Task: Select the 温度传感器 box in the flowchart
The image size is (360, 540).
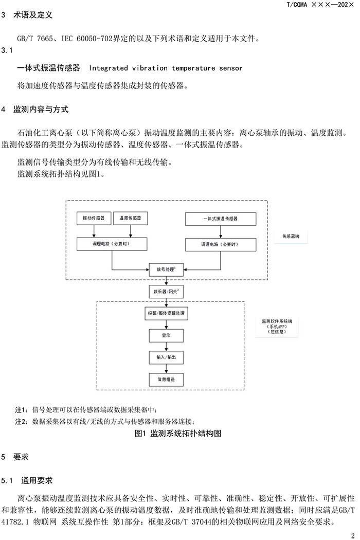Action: pyautogui.click(x=130, y=219)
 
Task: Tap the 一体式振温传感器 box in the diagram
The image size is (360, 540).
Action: pyautogui.click(x=220, y=219)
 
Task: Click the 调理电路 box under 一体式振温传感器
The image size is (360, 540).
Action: pyautogui.click(x=220, y=244)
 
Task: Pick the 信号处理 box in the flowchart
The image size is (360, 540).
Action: pyautogui.click(x=165, y=269)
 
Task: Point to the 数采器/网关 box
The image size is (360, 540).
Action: pyautogui.click(x=165, y=292)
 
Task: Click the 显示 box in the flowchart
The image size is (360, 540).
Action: pyautogui.click(x=165, y=335)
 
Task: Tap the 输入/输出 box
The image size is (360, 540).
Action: pyautogui.click(x=165, y=357)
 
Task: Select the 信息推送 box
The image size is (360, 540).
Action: pyautogui.click(x=165, y=380)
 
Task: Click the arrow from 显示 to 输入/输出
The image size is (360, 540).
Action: pyautogui.click(x=165, y=346)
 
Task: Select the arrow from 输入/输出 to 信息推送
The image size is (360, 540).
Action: pyautogui.click(x=165, y=368)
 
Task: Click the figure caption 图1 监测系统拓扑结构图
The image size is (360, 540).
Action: pyautogui.click(x=178, y=434)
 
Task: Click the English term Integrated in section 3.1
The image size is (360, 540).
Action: pyautogui.click(x=107, y=68)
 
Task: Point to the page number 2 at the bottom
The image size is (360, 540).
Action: pyautogui.click(x=353, y=534)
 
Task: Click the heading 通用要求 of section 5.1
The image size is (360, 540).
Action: pyautogui.click(x=37, y=481)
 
